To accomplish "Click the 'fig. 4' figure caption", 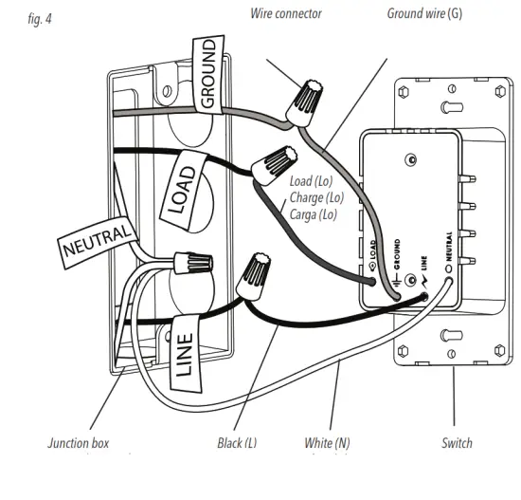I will (41, 19).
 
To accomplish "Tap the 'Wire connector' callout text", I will (286, 13).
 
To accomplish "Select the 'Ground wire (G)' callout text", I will (424, 13).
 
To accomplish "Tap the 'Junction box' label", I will (78, 443).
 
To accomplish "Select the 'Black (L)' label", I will (236, 443).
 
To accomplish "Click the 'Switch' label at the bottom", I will (457, 443).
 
